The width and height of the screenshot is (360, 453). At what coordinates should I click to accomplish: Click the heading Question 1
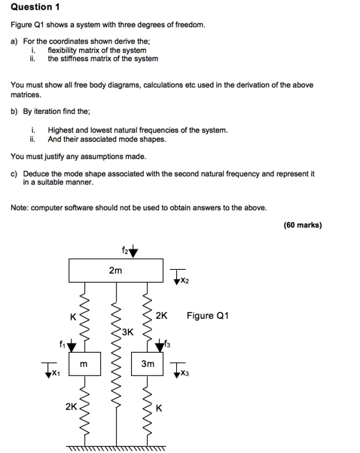35,7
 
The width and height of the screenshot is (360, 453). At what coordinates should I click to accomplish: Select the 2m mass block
116,271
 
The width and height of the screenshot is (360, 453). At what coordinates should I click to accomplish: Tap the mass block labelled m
84,364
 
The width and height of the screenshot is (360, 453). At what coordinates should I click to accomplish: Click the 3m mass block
147,364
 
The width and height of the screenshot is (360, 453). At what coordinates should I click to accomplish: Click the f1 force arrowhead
72,345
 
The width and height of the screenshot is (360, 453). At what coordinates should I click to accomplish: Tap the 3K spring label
127,332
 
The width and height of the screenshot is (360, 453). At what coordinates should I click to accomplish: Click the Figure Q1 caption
208,316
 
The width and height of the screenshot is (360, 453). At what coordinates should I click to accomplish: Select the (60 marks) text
303,225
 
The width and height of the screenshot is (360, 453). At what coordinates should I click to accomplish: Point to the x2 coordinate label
185,280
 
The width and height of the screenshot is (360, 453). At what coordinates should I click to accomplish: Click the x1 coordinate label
56,374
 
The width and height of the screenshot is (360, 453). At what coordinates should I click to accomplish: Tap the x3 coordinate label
185,374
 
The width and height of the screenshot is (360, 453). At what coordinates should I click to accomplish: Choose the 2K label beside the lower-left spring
71,407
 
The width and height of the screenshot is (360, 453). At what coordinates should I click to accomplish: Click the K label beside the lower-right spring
159,409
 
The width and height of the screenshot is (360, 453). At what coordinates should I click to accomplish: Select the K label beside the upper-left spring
73,317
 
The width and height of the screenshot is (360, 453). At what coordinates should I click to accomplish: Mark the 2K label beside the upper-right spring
161,316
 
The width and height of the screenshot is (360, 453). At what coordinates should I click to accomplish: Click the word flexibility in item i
62,51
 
